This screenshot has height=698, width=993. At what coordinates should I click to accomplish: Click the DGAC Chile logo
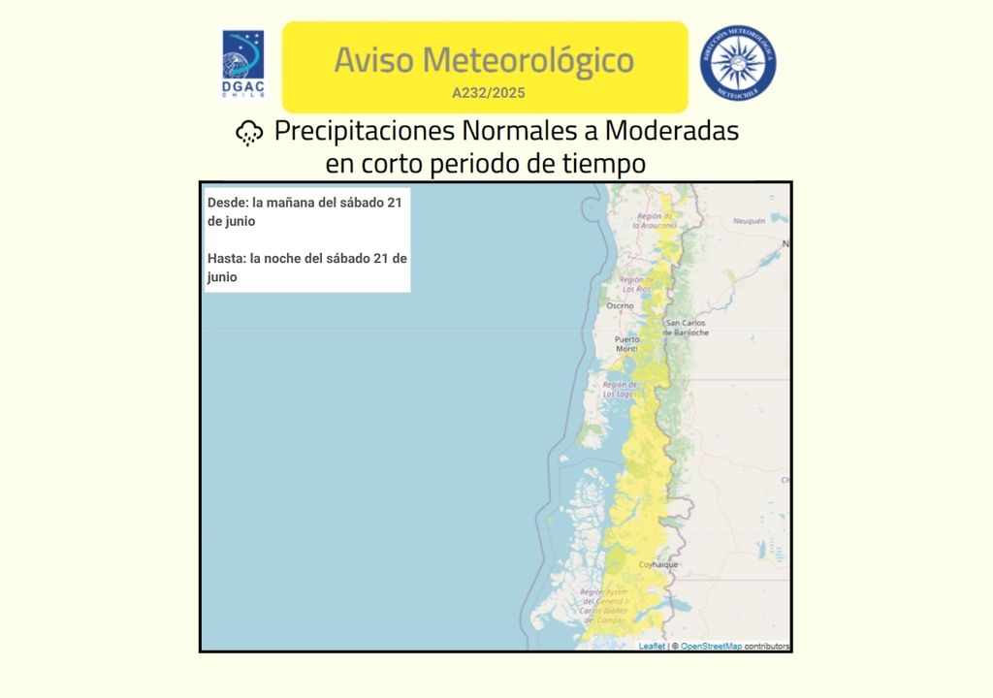click(x=242, y=65)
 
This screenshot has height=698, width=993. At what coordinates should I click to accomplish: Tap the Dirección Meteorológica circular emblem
click(x=738, y=64)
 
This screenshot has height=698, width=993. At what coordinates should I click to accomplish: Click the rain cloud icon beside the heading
click(x=250, y=133)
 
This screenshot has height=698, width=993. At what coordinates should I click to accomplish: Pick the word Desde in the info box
click(x=227, y=203)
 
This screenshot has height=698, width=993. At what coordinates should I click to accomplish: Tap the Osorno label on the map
click(x=620, y=305)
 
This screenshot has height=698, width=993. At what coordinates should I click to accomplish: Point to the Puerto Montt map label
click(x=627, y=343)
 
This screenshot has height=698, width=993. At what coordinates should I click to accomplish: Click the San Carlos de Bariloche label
click(x=686, y=328)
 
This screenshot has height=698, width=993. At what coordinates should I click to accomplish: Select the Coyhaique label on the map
click(x=658, y=564)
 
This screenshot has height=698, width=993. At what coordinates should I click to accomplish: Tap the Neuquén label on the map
click(x=749, y=221)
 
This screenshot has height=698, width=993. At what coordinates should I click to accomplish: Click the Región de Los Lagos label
click(x=619, y=390)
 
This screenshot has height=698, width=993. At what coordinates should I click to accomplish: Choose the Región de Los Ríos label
click(x=635, y=284)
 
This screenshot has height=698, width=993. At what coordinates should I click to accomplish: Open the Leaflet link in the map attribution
click(x=652, y=646)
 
